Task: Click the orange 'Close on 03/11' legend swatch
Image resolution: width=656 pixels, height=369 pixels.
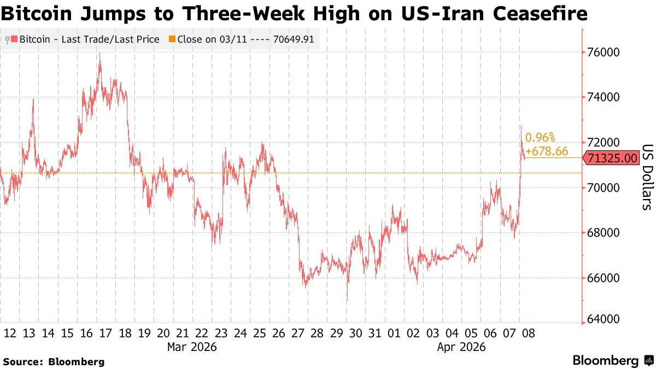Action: [x=172, y=39]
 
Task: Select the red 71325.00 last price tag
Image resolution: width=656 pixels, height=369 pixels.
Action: [x=611, y=159]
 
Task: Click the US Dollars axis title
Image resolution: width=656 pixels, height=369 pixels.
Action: [x=647, y=177]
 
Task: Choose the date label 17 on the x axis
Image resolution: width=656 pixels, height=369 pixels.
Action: [x=106, y=333]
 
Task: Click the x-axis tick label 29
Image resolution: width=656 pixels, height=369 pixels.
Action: [x=337, y=333]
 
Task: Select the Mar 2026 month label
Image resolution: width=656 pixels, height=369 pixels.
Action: [x=192, y=347]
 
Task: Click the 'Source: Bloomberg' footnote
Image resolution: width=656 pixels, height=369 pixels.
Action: [x=54, y=361]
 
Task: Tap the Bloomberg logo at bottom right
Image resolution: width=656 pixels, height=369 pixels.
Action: [x=612, y=361]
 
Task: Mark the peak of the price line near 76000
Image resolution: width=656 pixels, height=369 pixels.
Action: [x=100, y=53]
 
